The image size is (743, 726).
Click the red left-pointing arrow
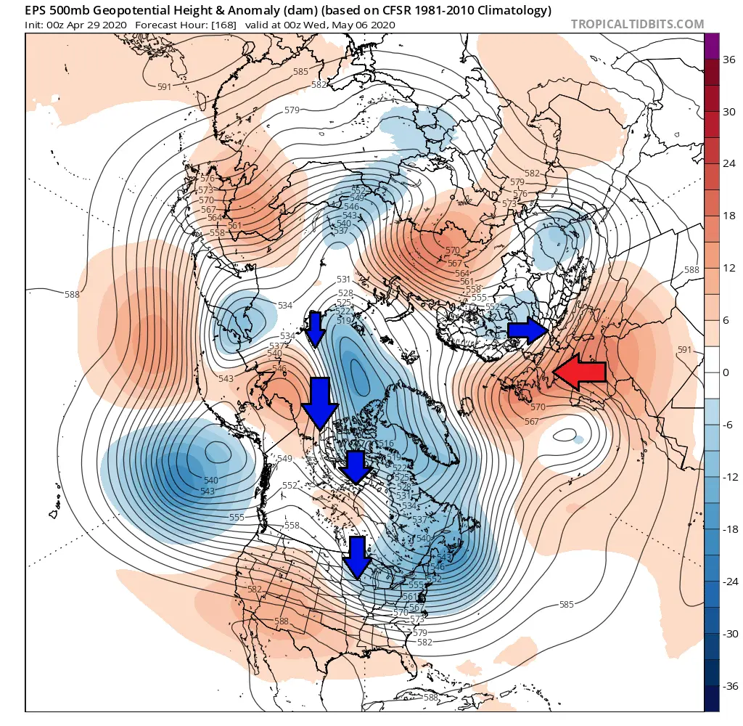[578, 371]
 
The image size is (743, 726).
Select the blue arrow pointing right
[528, 331]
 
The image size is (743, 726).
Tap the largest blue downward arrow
[319, 402]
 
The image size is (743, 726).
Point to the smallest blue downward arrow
[315, 328]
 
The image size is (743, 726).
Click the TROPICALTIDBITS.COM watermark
[637, 24]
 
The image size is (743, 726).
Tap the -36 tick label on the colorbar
[728, 686]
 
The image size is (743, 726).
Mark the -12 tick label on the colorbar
[728, 477]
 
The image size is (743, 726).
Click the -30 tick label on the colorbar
[728, 634]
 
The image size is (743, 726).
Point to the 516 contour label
[386, 444]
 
